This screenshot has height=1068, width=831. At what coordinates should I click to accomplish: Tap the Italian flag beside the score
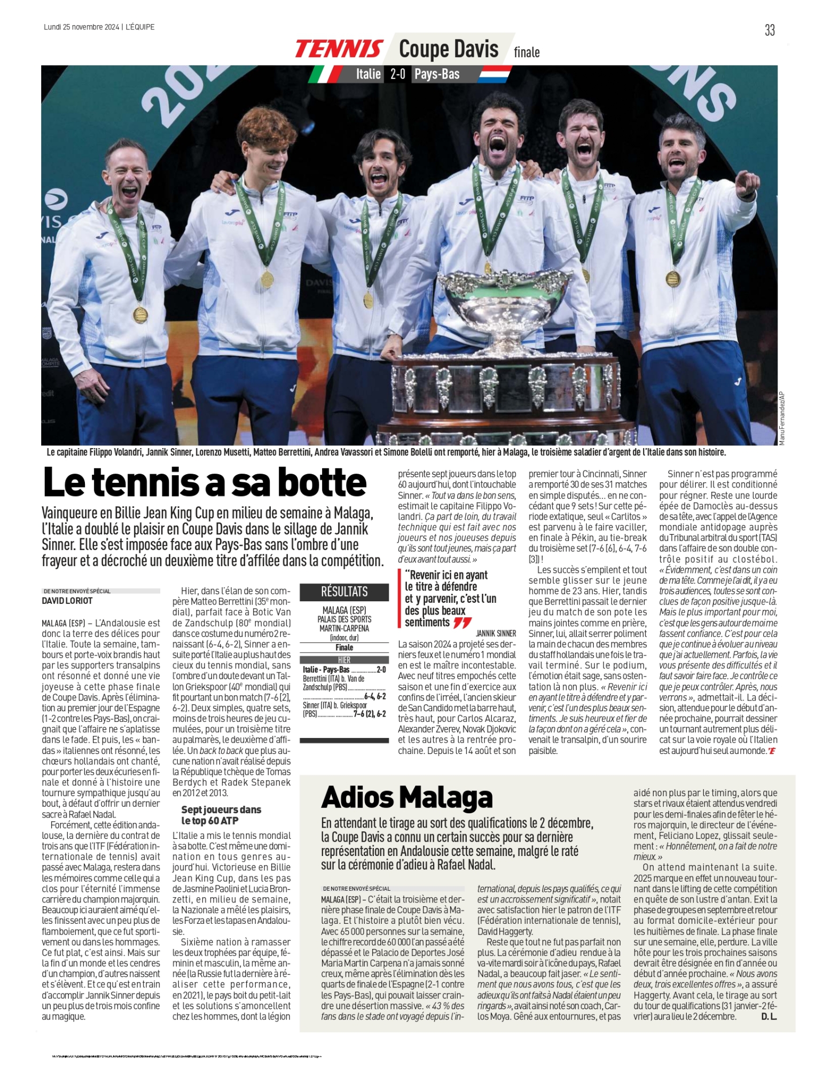pos(326,74)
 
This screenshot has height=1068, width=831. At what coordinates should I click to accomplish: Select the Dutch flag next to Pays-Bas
pos(495,74)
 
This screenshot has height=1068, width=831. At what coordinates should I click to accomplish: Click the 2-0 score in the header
pos(398,74)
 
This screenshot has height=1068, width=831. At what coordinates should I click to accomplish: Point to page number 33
pos(770,30)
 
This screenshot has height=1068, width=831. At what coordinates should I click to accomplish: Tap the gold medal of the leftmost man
pos(140,315)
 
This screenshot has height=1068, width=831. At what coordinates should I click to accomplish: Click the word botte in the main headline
pos(323,483)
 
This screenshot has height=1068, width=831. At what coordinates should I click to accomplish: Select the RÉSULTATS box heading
pos(344,592)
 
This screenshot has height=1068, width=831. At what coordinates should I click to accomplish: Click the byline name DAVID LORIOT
pos(67,601)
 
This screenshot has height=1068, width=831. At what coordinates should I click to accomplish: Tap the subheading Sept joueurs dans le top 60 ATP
pos(221,815)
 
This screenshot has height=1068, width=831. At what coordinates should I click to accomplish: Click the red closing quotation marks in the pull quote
pos(462,623)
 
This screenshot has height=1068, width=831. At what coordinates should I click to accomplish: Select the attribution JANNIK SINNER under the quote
pos(496,633)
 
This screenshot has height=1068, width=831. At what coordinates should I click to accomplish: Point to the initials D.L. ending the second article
pos(769,1016)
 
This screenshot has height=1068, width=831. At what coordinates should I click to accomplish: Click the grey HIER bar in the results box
pos(344,660)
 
